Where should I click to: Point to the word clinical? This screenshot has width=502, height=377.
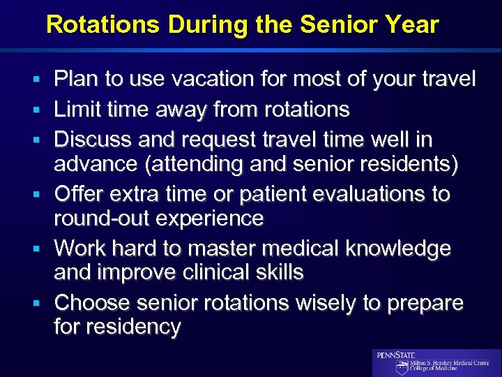click(x=208, y=273)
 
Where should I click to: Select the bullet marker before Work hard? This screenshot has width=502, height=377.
click(x=43, y=249)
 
